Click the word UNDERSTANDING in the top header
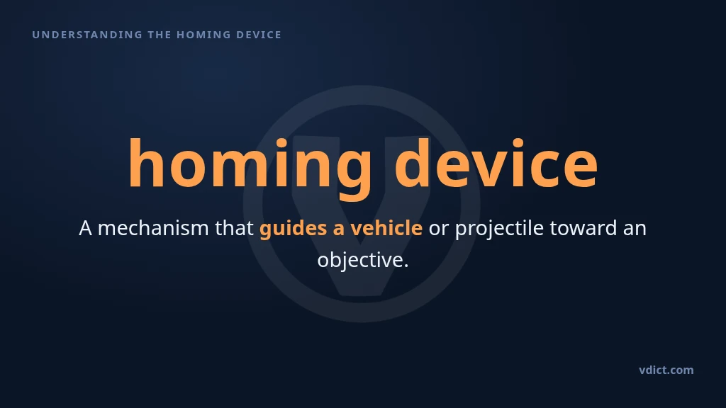pyautogui.click(x=87, y=35)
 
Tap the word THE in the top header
pyautogui.click(x=160, y=35)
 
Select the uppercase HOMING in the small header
pyautogui.click(x=203, y=35)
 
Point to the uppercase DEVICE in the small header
pyautogui.click(x=258, y=35)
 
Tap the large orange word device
pyautogui.click(x=496, y=163)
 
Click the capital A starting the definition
pyautogui.click(x=85, y=228)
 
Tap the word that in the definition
pyautogui.click(x=234, y=227)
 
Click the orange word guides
pyautogui.click(x=293, y=229)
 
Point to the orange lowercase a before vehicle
pyautogui.click(x=338, y=230)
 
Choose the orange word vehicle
pyautogui.click(x=386, y=227)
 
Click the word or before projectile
pyautogui.click(x=439, y=230)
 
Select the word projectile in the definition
pyautogui.click(x=499, y=229)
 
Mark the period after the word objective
pyautogui.click(x=406, y=266)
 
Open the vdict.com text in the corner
pyautogui.click(x=666, y=370)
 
